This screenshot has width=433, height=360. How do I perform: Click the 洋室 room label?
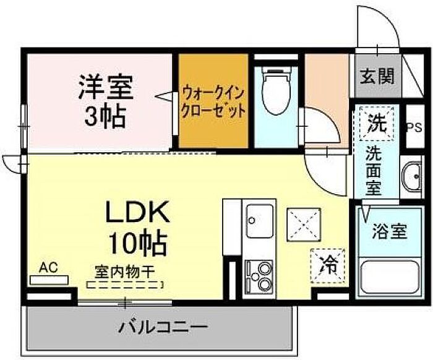pyautogui.click(x=106, y=87)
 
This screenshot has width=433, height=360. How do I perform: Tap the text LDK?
pyautogui.click(x=137, y=212)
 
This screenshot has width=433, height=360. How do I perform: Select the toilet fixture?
pyautogui.click(x=276, y=90)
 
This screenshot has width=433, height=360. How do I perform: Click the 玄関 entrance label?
pyautogui.click(x=377, y=75)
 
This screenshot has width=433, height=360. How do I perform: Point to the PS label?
pyautogui.click(x=415, y=127)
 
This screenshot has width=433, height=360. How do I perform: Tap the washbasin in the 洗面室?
pyautogui.click(x=411, y=176)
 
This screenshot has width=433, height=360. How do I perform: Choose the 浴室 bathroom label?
pyautogui.click(x=389, y=231)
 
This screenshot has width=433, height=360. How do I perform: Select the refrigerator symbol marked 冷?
pyautogui.click(x=328, y=266)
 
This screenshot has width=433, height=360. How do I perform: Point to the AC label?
pyautogui.click(x=48, y=267)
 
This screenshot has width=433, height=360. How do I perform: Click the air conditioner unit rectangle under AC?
pyautogui.click(x=49, y=280)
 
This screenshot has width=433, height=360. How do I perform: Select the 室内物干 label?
pyautogui.click(x=124, y=272)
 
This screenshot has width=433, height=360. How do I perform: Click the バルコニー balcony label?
pyautogui.click(x=163, y=327)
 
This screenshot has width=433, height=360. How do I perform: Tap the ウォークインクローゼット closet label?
pyautogui.click(x=213, y=102)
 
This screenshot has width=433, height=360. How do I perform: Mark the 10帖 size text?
pyautogui.click(x=137, y=244)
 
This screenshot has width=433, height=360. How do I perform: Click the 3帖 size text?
pyautogui.click(x=105, y=116)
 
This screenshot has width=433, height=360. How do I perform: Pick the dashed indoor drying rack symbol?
pyautogui.click(x=125, y=285)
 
